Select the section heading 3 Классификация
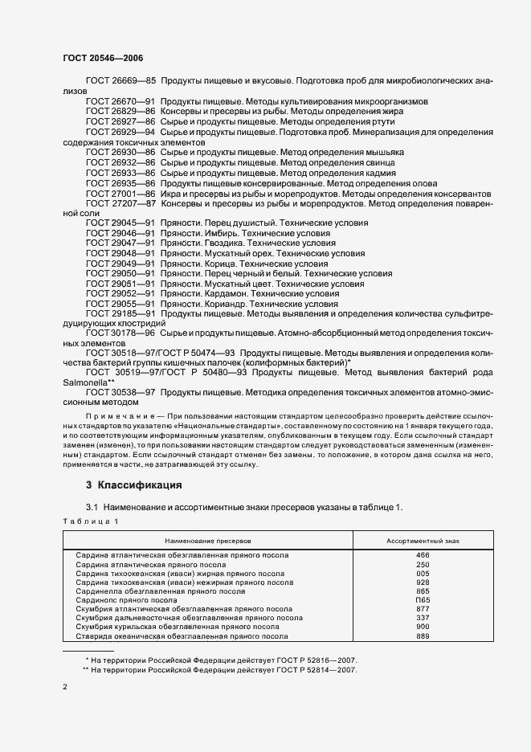[133, 485]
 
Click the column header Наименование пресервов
[208, 542]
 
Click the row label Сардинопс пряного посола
[127, 600]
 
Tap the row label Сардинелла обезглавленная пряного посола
[160, 591]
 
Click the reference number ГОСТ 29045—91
[120, 223]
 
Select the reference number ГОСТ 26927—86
[120, 121]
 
